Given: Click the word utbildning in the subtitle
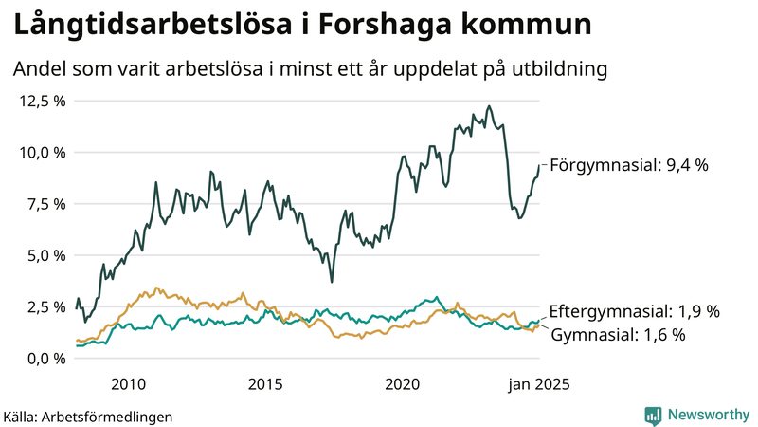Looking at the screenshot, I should click(x=554, y=69).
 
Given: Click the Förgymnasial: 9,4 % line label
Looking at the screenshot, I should click(x=629, y=165).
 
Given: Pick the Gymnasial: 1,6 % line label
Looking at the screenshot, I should click(x=618, y=335).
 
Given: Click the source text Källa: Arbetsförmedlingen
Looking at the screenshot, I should click(x=88, y=417).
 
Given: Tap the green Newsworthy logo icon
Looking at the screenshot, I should click(x=653, y=415).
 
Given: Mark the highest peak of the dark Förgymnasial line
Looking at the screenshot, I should click(x=488, y=106).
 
